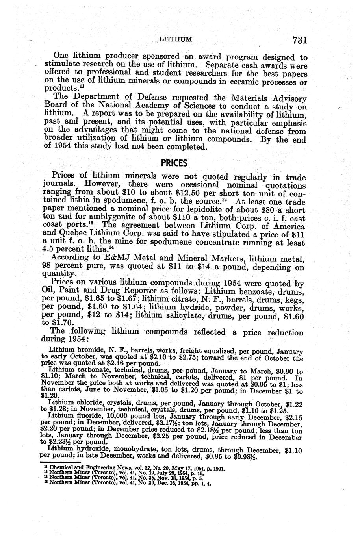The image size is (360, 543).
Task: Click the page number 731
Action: point(299,40)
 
